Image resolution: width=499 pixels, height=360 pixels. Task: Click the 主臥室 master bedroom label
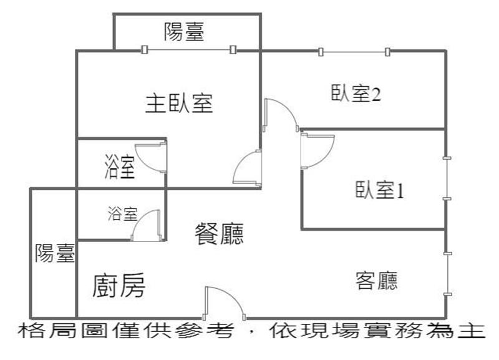click(x=179, y=104)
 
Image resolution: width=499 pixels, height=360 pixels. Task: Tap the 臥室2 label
click(x=356, y=95)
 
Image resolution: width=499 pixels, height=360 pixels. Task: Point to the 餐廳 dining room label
click(x=219, y=235)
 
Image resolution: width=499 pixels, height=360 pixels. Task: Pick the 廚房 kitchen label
click(x=119, y=286)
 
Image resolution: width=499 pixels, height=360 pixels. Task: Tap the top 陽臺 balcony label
click(x=184, y=31)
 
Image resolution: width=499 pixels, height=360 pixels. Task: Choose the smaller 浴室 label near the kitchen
click(x=122, y=215)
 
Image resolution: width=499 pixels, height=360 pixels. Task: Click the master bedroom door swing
click(x=248, y=169)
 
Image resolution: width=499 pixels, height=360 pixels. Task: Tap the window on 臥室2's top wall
click(x=354, y=51)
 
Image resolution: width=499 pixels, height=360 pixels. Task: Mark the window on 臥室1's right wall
click(x=447, y=179)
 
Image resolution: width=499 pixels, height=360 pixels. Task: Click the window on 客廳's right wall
click(x=447, y=273)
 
